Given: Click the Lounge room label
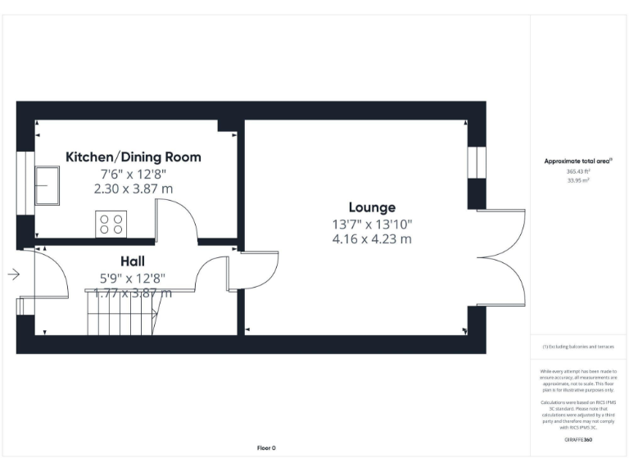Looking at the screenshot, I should (371, 207).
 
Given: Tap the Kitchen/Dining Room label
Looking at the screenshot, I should (133, 157).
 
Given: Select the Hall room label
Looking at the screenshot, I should (133, 261).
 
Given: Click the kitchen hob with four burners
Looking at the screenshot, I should (111, 224).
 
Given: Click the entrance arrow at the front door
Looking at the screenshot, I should (13, 275).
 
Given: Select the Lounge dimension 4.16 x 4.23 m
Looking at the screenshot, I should (371, 239).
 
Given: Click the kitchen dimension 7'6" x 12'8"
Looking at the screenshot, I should (133, 173).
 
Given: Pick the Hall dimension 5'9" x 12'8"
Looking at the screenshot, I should (133, 277).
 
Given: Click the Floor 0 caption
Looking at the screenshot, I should (266, 447).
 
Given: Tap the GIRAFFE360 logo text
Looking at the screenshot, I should (578, 440).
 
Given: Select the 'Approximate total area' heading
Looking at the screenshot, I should (577, 161).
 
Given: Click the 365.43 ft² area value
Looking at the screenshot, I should (577, 171).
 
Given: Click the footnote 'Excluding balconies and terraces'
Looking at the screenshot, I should (578, 347).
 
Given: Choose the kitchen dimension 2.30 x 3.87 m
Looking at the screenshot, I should (133, 188).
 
